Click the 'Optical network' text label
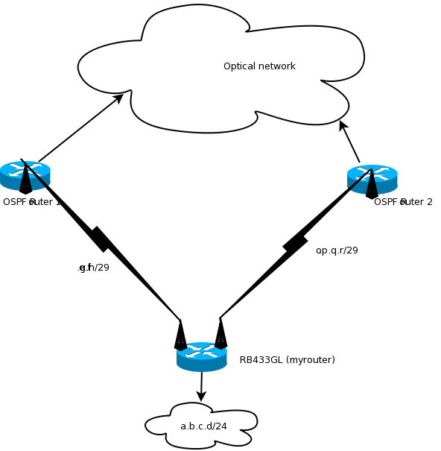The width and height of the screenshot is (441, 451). (x=259, y=66)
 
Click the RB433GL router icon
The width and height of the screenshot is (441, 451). (x=201, y=357)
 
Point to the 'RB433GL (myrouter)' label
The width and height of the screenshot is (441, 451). (x=287, y=360)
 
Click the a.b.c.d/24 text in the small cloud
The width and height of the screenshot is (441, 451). (x=203, y=426)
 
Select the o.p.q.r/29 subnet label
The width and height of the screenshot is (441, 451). (x=337, y=250)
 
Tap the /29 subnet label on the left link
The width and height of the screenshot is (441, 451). (x=94, y=268)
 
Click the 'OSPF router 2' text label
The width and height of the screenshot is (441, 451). (x=403, y=202)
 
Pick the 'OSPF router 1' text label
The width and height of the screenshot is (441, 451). (x=32, y=202)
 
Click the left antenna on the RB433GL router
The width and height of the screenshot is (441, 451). (x=180, y=335)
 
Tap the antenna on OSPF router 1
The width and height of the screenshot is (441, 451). (x=25, y=178)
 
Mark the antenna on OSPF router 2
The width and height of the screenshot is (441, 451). (x=372, y=184)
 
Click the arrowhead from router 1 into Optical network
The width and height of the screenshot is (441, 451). (x=118, y=98)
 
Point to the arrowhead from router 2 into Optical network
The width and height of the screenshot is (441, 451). (x=343, y=125)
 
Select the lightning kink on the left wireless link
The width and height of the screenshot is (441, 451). (x=99, y=239)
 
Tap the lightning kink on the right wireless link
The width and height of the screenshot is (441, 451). (x=295, y=243)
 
